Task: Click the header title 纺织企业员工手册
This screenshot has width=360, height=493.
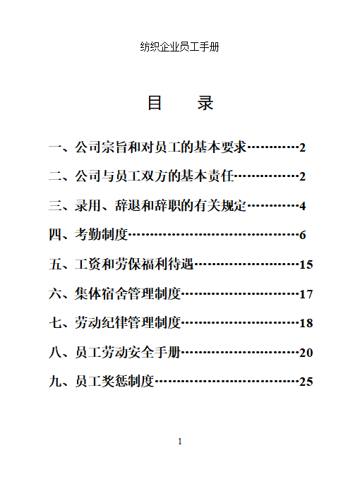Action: [180, 47]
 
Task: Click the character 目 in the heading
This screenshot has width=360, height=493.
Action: [155, 103]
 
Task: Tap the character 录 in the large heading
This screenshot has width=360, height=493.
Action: [205, 103]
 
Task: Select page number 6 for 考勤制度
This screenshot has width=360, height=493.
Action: [302, 235]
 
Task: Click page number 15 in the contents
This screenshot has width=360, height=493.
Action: [306, 264]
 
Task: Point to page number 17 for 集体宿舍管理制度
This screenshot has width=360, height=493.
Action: [306, 294]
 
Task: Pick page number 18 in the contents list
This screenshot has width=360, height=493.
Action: [306, 323]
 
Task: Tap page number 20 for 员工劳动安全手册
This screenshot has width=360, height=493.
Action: [306, 353]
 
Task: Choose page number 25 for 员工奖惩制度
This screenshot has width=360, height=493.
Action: [306, 382]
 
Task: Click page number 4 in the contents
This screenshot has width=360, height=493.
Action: [302, 206]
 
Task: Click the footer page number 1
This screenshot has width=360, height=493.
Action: [180, 442]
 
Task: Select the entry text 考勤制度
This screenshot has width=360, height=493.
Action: [102, 235]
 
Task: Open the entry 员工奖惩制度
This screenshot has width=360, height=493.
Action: [114, 382]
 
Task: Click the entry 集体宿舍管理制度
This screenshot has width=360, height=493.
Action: [128, 293]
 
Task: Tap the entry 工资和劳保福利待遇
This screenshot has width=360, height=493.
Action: [134, 264]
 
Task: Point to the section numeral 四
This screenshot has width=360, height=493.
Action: [55, 235]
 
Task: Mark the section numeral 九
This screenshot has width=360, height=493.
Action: [55, 382]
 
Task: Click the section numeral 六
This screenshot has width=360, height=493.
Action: [55, 293]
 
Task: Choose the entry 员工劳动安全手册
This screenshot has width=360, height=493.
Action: [128, 352]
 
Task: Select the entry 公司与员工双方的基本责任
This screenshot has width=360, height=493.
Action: [154, 176]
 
